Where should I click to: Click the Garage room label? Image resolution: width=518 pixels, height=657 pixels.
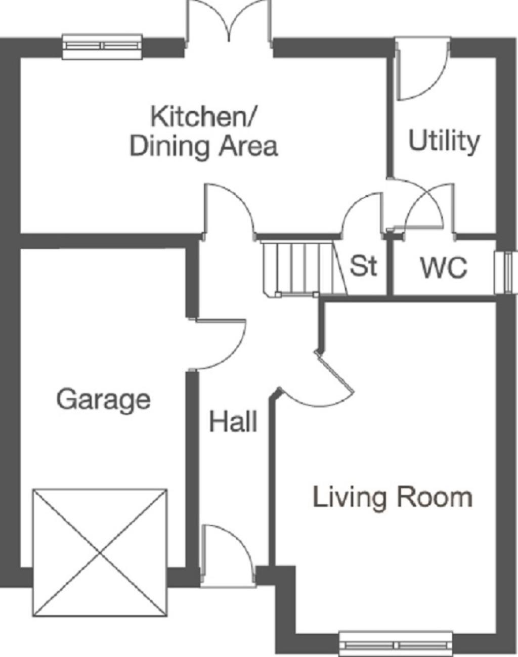coord(103,400)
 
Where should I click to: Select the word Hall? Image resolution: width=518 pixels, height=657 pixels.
coord(233,421)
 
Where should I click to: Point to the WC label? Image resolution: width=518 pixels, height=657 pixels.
coord(444,268)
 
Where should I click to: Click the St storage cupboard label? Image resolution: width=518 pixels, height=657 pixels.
coord(363,265)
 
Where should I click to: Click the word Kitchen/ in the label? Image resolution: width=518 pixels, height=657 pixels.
coord(204,116)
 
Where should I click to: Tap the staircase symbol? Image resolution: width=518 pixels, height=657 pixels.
coord(298,268)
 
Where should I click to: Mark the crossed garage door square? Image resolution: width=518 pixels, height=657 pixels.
coord(100,552)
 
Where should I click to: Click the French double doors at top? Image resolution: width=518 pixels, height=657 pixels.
coord(230,23)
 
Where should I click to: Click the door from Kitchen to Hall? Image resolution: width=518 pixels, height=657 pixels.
coord(228,210)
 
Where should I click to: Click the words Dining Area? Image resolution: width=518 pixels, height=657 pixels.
coord(204,147)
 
